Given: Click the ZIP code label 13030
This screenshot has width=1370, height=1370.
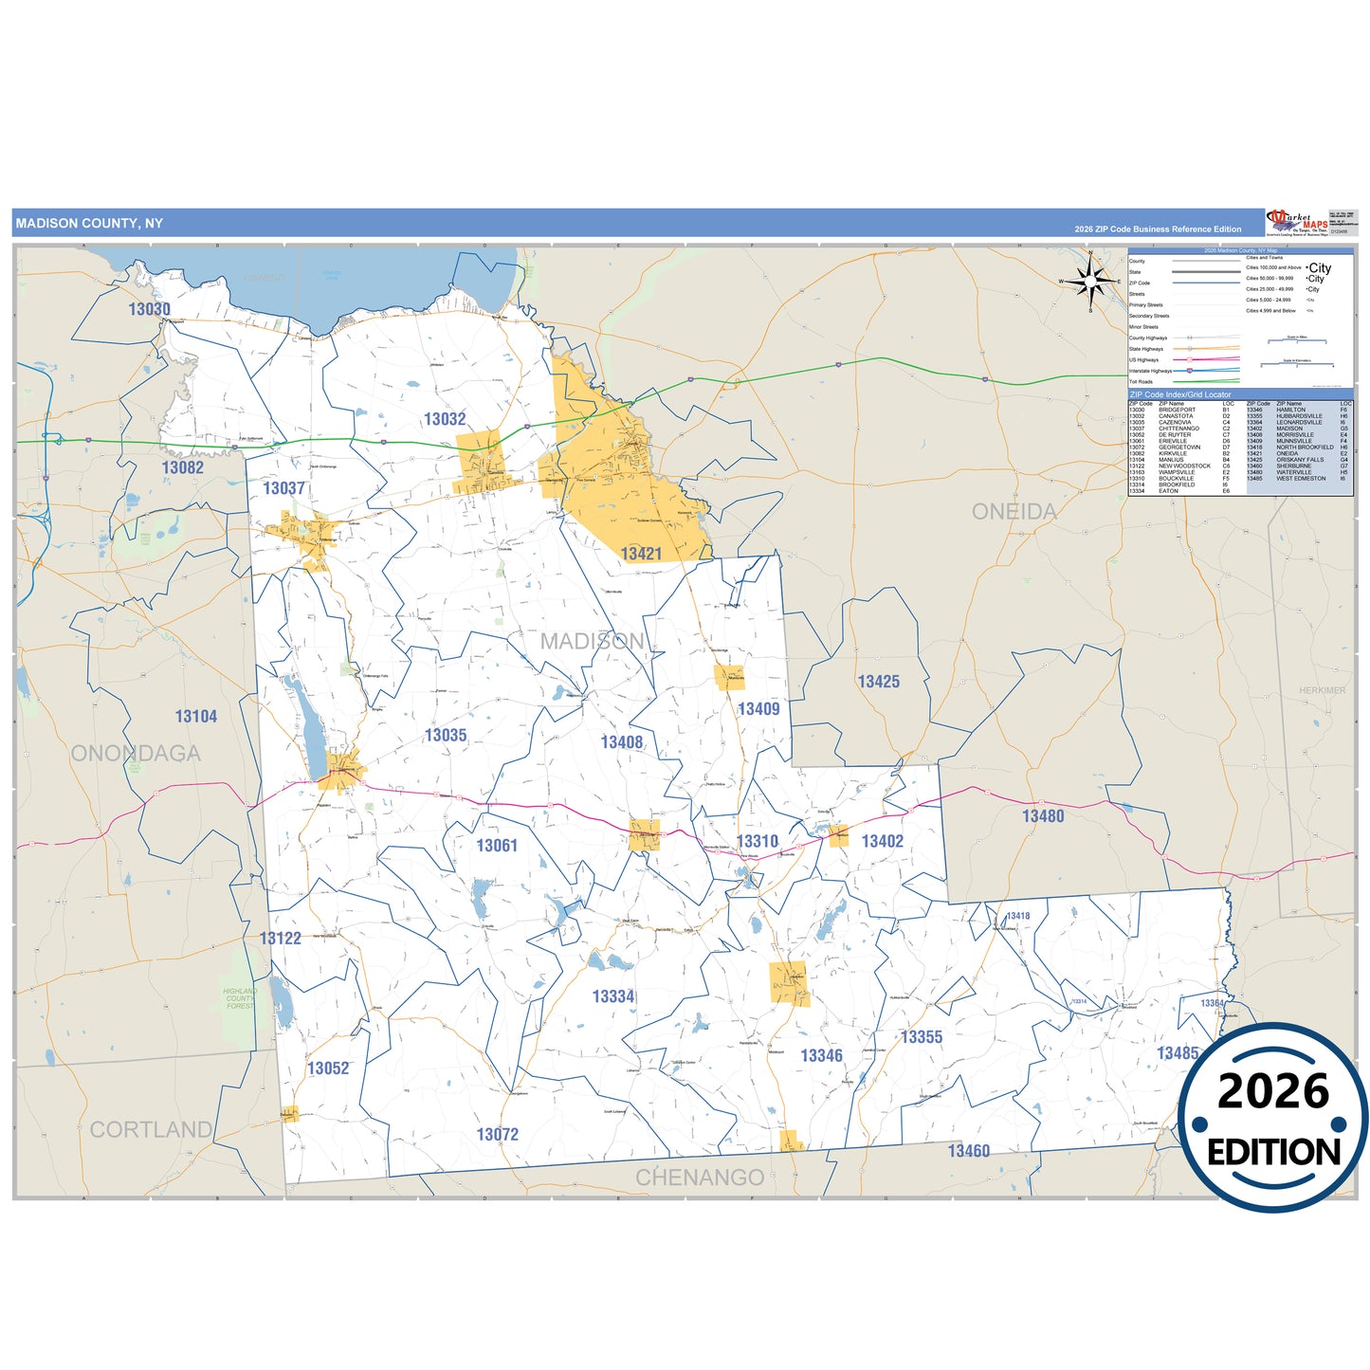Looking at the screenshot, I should (150, 309).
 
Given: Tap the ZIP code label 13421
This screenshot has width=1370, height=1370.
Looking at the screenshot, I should (641, 554).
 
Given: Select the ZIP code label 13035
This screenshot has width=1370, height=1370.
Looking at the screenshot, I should (446, 736).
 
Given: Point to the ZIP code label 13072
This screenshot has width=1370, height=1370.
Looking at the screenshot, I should (498, 1135).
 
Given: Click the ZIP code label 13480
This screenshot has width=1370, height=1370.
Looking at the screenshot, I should (1043, 816).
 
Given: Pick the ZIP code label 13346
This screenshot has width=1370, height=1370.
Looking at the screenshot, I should (821, 1056).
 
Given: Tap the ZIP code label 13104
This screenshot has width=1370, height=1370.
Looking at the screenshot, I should (196, 717).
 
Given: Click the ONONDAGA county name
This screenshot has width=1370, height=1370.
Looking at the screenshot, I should (136, 754).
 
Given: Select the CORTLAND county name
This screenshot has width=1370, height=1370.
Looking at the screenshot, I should (151, 1130).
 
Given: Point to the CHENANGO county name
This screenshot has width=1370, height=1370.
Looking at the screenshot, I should (700, 1178).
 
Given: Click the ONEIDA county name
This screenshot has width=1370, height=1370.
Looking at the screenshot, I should (1014, 512).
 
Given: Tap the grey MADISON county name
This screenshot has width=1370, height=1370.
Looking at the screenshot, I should (593, 642).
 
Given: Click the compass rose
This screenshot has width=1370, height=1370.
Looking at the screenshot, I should (1090, 280).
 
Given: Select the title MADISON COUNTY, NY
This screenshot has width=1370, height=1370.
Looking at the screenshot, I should (89, 224).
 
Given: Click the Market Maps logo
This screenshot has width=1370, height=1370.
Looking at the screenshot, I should (1296, 223).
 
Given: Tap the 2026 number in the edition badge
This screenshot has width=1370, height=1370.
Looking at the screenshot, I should (1273, 1091).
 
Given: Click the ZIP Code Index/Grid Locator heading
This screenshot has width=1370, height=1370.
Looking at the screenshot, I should (1180, 394).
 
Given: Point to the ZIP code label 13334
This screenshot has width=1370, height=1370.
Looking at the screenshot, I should (613, 996).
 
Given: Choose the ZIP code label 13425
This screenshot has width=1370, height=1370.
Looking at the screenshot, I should (879, 682).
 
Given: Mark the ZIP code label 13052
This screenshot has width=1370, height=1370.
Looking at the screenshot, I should (328, 1069).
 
